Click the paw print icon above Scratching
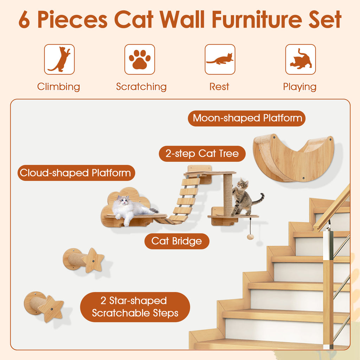pos(140,59)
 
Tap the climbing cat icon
pos(59,59)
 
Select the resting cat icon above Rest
pos(220,59)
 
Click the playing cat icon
pos(300,59)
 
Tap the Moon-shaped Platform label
pos(247,118)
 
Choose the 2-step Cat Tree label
pos(202,154)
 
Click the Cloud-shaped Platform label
pos(76,173)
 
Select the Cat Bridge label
pos(177,241)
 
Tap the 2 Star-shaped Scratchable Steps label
pos(135,307)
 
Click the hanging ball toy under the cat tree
pos(250,237)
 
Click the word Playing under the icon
pos(300,87)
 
